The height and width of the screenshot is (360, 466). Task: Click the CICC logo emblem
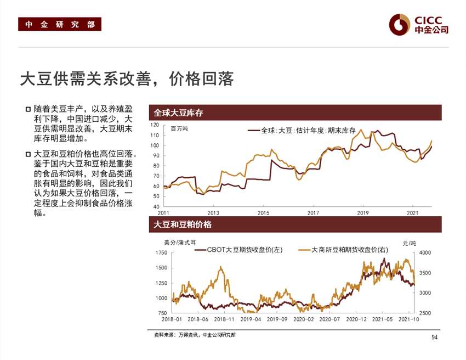point(400,24)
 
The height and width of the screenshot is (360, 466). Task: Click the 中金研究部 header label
point(60,25)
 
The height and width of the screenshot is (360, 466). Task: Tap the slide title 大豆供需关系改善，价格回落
point(127,80)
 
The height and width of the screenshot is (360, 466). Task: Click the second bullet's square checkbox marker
point(27,154)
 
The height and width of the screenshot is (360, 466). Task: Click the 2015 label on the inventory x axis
point(263,212)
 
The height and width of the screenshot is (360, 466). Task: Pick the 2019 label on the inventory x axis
point(363,212)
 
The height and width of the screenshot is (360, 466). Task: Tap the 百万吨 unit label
point(179,129)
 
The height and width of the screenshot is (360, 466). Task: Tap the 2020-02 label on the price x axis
point(303,319)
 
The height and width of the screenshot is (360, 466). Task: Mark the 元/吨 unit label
point(409,243)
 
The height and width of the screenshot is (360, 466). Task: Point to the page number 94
point(435,337)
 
